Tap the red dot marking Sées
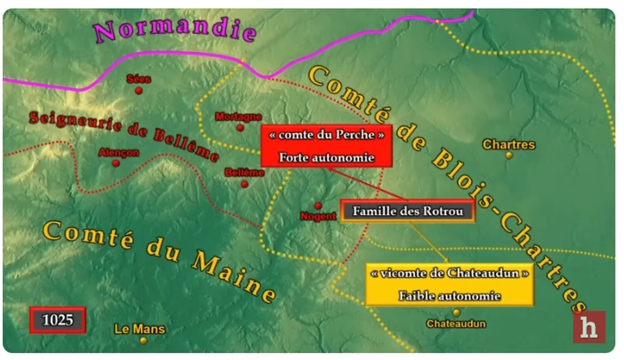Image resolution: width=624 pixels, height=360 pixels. pyautogui.click(x=139, y=90)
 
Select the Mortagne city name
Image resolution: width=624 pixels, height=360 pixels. pyautogui.click(x=238, y=117)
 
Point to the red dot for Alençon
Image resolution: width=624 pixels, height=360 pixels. pyautogui.click(x=116, y=163)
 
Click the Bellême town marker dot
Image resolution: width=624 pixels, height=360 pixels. pyautogui.click(x=244, y=184)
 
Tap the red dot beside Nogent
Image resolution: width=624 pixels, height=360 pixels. pyautogui.click(x=318, y=205)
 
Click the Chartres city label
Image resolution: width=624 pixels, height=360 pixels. pyautogui.click(x=509, y=145)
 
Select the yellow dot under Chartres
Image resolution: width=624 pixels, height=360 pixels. pyautogui.click(x=509, y=155)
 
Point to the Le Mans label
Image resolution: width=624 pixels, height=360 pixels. pyautogui.click(x=140, y=329)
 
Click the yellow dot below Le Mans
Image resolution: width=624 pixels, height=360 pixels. pyautogui.click(x=144, y=340)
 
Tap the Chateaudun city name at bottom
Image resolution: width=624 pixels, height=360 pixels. pyautogui.click(x=456, y=324)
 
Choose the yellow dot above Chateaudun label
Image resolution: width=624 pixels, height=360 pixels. pyautogui.click(x=457, y=312)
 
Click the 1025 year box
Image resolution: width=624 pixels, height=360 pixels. pyautogui.click(x=58, y=320)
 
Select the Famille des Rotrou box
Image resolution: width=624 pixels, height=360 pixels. pyautogui.click(x=407, y=211)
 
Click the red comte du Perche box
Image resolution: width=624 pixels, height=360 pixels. pyautogui.click(x=327, y=146)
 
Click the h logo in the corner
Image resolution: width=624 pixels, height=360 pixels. pyautogui.click(x=589, y=327)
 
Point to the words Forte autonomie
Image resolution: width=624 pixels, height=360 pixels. pyautogui.click(x=327, y=158)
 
